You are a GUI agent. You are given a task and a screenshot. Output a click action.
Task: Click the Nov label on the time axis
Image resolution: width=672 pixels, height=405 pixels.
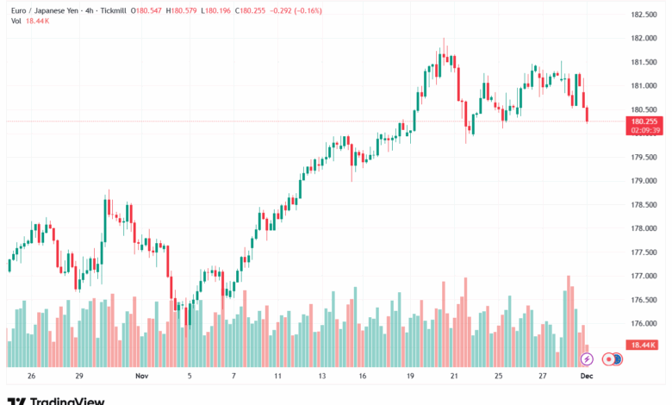point(142,377)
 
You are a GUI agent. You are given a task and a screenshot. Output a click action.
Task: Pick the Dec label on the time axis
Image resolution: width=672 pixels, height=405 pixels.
point(587,377)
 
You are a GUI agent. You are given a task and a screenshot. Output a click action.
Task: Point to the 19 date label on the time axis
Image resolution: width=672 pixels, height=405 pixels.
point(410,377)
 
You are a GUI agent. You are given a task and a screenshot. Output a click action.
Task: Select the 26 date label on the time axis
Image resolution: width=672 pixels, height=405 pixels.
point(31,377)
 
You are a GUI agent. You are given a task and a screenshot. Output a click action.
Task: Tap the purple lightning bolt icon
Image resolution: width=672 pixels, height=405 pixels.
point(587,358)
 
